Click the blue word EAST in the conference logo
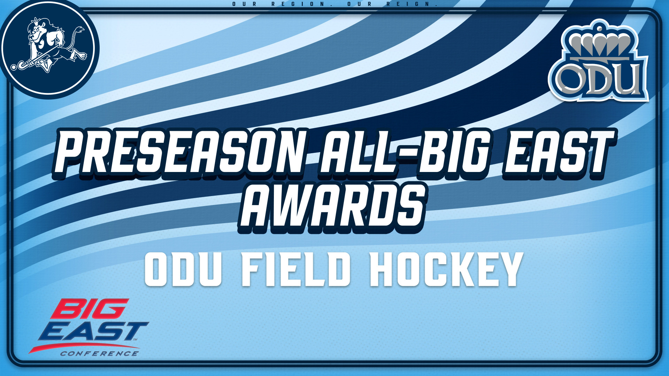click(93, 331)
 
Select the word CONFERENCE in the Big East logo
click(99, 354)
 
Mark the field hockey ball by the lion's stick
click(14, 67)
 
